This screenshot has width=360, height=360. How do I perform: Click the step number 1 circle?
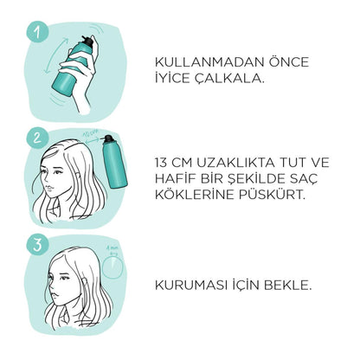[x=37, y=32]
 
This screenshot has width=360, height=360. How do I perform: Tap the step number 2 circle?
[x=37, y=138]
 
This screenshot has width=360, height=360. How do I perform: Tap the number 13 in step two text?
[x=161, y=163]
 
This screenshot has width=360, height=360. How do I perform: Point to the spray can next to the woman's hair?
[x=114, y=162]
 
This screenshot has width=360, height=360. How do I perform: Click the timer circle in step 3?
[x=112, y=267]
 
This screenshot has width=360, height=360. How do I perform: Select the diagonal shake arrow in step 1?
[x=55, y=56]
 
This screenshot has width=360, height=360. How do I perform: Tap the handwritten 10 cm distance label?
[x=91, y=134]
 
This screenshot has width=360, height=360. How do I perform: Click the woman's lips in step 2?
[x=49, y=187]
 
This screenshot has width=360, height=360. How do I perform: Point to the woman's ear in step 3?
[x=85, y=282]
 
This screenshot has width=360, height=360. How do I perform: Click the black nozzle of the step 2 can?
[x=108, y=139]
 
